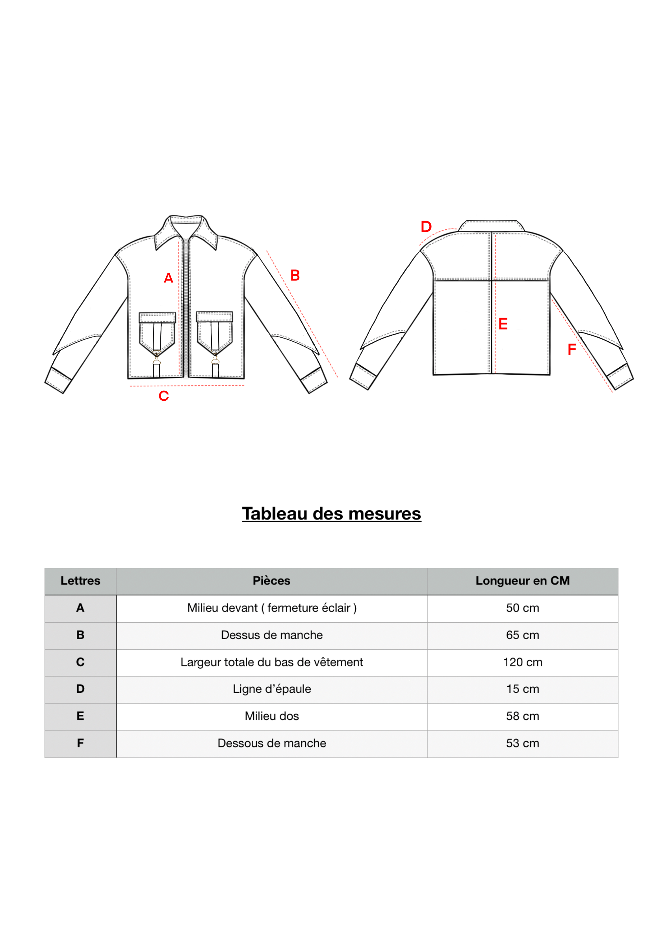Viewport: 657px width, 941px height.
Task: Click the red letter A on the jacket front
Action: pos(168,278)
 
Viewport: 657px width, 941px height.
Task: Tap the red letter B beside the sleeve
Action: pos(295,275)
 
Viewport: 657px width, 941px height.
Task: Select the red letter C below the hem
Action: pos(163,396)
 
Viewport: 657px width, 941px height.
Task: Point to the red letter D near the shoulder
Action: pos(426,227)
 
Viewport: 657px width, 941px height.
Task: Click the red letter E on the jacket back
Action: pos(503,324)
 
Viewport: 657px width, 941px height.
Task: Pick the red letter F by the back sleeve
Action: pos(572,350)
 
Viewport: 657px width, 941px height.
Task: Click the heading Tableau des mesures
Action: pos(331,513)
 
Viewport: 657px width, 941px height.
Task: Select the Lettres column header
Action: pos(80,581)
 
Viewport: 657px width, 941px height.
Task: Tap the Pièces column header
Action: pos(271,581)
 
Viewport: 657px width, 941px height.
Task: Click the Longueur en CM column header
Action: pos(522,581)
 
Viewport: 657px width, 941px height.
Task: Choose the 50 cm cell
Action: pos(522,608)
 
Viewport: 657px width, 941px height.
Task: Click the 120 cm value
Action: pos(522,662)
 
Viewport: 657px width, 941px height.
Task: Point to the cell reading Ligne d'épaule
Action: pos(271,689)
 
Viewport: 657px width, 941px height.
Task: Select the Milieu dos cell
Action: pos(271,716)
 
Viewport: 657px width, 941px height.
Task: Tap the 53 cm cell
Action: pos(522,743)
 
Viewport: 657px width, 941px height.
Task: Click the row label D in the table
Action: pos(80,689)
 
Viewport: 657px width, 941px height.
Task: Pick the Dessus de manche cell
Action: pos(271,635)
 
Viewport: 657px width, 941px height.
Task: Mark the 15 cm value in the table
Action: pos(522,689)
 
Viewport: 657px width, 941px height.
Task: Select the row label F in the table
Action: pos(80,743)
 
